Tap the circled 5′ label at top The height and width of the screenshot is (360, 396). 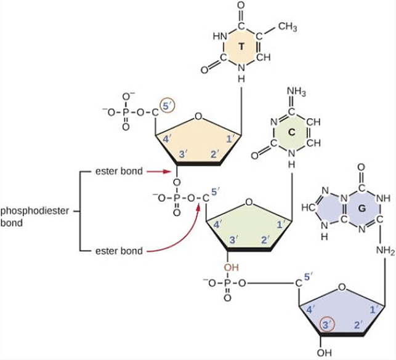[x=168, y=107]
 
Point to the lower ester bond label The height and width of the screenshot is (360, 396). [x=119, y=251]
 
